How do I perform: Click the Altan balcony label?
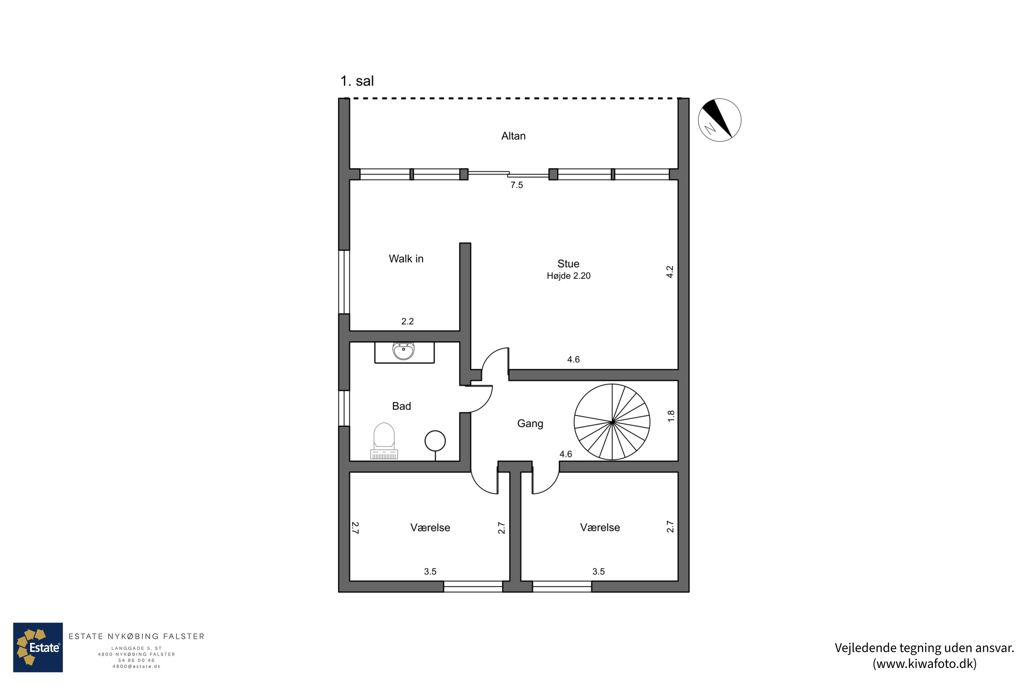pos(513,136)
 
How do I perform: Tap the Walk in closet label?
pos(406,259)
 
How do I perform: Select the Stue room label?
pos(568,264)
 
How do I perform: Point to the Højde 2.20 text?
pos(569,276)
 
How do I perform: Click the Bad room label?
pos(401,406)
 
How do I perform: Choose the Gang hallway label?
pos(530,423)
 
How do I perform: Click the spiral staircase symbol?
pos(612,422)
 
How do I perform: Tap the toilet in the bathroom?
pos(384,441)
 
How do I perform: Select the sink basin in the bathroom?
pos(403,351)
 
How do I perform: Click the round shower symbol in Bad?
pos(435,441)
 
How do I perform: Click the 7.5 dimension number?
pos(516,185)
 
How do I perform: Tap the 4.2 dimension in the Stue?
pos(669,272)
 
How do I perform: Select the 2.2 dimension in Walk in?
pos(407,321)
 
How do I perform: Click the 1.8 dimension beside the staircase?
pos(671,416)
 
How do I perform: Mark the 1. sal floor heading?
pos(357,81)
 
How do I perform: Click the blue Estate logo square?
pos(38,647)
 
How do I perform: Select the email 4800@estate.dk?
pos(137,667)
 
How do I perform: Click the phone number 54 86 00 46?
pos(137,660)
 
